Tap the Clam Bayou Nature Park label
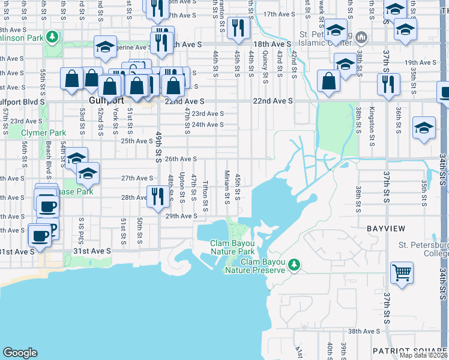[237, 247]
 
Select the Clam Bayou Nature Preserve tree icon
[294, 264]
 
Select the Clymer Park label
[43, 133]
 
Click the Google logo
[20, 353]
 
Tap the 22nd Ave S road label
[273, 101]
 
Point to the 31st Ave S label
[92, 251]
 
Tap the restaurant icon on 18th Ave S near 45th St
[239, 28]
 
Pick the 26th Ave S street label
[181, 159]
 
